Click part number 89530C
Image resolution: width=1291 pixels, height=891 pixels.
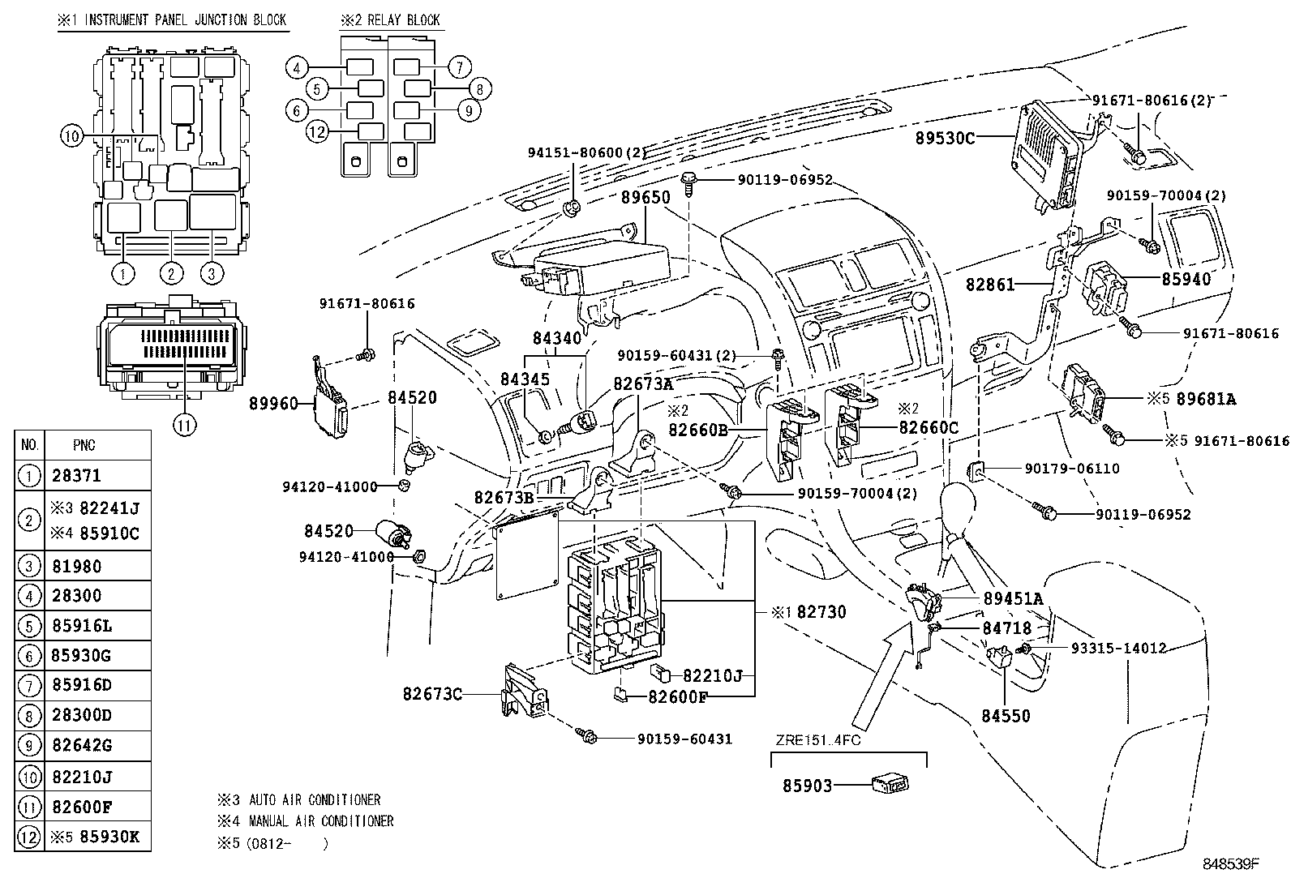coord(945,138)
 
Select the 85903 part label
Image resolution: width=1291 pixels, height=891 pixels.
coord(807,786)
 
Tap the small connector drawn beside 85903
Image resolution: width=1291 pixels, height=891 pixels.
coord(890,783)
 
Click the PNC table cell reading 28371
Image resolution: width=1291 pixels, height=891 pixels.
coord(77,476)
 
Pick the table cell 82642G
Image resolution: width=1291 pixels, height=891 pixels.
coord(81,746)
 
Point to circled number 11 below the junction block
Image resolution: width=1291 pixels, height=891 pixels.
coord(185,424)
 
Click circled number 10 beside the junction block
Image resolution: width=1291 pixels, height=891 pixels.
coord(71,137)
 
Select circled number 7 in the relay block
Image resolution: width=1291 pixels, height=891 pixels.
coord(459,66)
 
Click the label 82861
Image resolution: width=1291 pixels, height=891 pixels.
coord(990,285)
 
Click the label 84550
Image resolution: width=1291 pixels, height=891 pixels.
coord(1006,716)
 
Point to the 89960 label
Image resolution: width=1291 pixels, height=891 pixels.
coord(273,403)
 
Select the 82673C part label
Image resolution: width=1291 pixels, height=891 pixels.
coord(432,693)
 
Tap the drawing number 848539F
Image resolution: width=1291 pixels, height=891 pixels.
coord(1230,863)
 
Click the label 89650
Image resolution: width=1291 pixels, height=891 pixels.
coord(645,197)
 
